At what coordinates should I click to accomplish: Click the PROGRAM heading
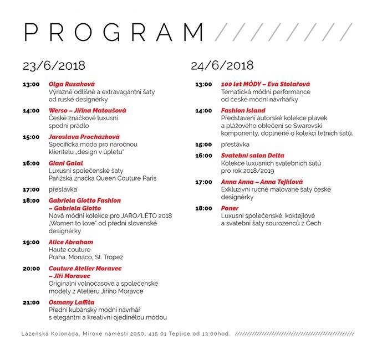[x=114, y=32]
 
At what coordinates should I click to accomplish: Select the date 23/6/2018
[x=54, y=66]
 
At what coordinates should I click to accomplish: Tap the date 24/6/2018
[x=222, y=66]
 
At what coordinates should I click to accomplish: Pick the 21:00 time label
[x=31, y=302]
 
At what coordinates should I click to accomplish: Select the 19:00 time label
[x=31, y=242]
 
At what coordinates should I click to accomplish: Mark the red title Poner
[x=230, y=208]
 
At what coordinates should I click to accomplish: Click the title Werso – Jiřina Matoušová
[x=88, y=111]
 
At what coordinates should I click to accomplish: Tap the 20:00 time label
[x=31, y=268]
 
